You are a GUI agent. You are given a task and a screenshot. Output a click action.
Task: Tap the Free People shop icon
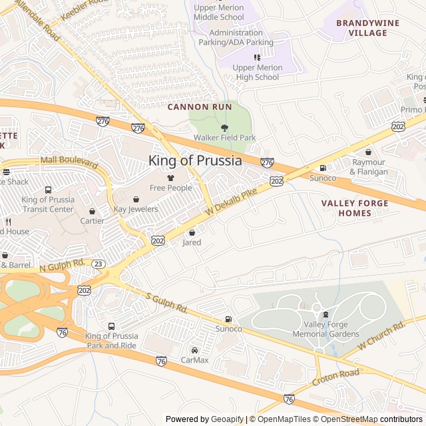[170, 178]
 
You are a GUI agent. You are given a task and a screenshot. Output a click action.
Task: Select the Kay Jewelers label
[136, 209]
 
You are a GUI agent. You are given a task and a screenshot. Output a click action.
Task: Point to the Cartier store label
[92, 221]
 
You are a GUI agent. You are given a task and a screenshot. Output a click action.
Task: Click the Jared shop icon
[192, 232]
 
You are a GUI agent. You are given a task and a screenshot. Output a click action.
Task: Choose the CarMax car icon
[194, 350]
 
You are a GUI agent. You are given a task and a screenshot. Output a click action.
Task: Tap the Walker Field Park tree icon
[224, 128]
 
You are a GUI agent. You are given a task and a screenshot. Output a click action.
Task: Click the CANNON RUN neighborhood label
[200, 106]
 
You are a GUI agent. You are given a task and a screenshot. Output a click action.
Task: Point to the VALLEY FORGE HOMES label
[345, 208]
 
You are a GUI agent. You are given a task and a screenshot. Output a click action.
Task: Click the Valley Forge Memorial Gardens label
[325, 329]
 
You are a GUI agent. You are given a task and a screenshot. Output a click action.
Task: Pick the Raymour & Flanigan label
[369, 167]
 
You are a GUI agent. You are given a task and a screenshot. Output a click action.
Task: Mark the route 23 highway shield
[97, 264]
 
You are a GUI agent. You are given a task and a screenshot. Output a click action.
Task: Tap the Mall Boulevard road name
[69, 162]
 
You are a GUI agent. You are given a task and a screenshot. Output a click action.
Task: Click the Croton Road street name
[337, 379]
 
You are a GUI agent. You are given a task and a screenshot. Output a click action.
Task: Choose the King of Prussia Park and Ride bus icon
[111, 326]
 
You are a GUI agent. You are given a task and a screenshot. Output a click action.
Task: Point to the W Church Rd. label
[381, 335]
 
